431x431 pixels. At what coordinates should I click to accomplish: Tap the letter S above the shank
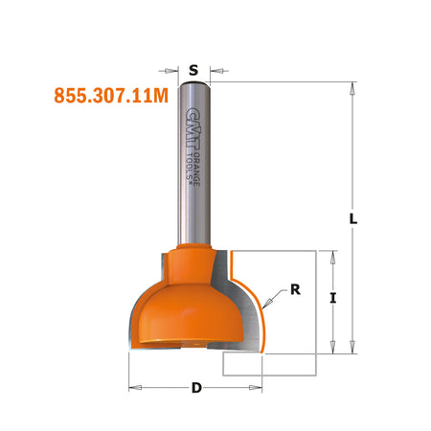click(193, 70)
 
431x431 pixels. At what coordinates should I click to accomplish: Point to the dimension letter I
click(332, 299)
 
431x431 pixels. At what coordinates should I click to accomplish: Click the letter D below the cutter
click(196, 388)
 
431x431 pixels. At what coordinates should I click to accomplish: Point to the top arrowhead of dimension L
click(352, 89)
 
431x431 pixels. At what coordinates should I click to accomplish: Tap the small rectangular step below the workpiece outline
click(245, 363)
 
